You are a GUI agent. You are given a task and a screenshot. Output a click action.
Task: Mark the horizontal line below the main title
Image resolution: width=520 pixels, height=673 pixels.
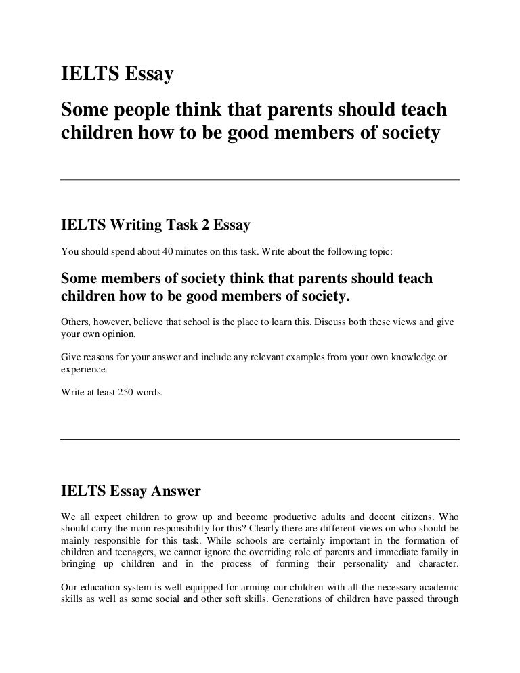[x=260, y=180]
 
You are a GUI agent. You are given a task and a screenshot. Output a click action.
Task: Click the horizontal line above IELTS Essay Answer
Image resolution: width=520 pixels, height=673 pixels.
[x=260, y=439]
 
